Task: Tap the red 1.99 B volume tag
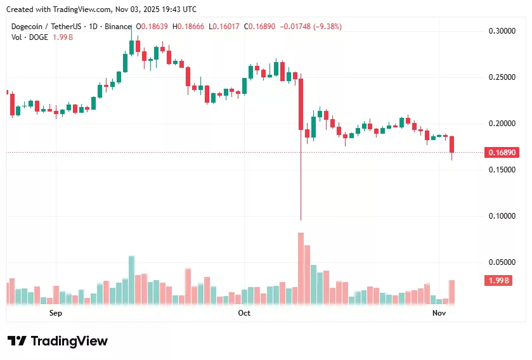498,281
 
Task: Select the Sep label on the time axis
56,313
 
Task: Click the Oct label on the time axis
244,313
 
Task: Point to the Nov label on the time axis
439,313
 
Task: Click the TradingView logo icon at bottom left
16,341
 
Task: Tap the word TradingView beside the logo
69,341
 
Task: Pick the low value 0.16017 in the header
222,27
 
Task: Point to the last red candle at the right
452,145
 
